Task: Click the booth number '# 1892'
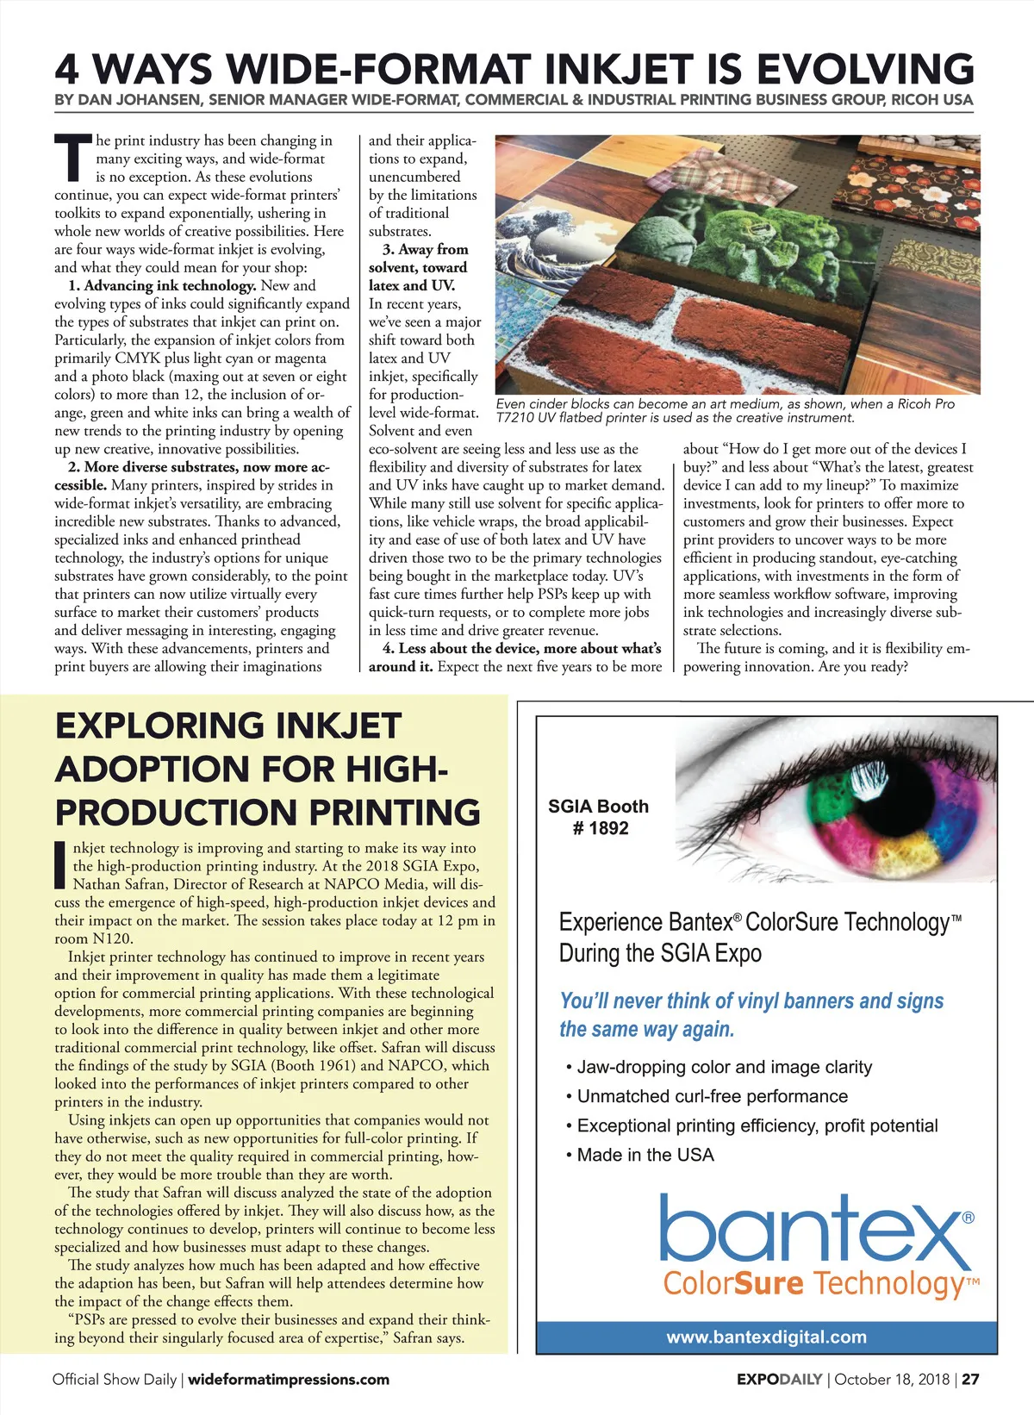point(601,828)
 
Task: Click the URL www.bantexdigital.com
point(766,1337)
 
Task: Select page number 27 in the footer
point(970,1379)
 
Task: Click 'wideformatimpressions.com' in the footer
point(289,1379)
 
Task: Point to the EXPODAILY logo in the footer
point(779,1379)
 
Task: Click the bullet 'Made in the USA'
point(645,1155)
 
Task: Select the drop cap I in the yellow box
point(60,865)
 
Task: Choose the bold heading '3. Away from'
point(425,249)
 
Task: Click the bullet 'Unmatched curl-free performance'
point(712,1096)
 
